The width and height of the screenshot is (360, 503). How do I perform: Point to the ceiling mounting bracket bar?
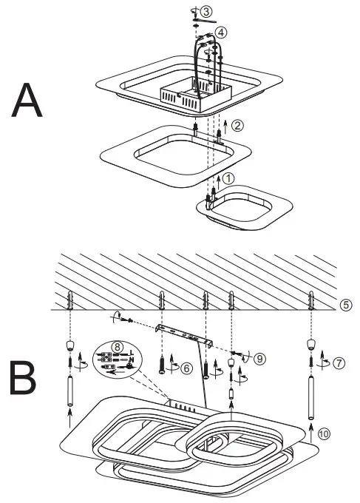tap(186, 336)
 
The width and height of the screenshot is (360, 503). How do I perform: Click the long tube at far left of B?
tap(70, 389)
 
